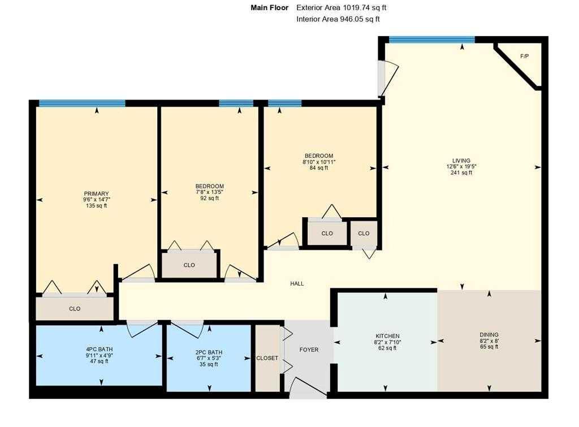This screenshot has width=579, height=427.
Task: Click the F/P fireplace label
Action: click(524, 57)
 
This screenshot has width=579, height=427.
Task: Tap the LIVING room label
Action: click(461, 161)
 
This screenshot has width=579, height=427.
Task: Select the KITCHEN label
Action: click(387, 336)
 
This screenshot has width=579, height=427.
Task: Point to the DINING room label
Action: click(489, 335)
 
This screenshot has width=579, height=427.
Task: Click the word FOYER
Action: click(309, 350)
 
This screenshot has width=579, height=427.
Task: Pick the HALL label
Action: click(297, 284)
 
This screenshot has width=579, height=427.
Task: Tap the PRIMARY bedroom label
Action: click(96, 193)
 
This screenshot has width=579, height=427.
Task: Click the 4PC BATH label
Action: click(100, 350)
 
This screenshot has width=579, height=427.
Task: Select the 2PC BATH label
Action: click(209, 352)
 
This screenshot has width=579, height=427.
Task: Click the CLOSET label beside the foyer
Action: click(267, 359)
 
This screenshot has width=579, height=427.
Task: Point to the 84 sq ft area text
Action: click(319, 168)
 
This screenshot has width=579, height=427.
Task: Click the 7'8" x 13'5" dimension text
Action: click(209, 192)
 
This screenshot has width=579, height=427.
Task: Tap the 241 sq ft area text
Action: click(461, 172)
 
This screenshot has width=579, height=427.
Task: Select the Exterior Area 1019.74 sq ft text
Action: click(341, 7)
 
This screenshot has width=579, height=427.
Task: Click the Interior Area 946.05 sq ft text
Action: click(338, 19)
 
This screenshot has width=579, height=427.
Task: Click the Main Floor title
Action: click(270, 7)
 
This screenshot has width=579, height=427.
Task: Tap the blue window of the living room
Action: click(431, 40)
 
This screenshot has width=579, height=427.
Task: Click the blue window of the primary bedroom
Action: click(82, 103)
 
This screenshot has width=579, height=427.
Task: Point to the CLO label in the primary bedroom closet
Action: click(75, 309)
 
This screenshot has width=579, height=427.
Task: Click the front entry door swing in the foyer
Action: click(308, 387)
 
